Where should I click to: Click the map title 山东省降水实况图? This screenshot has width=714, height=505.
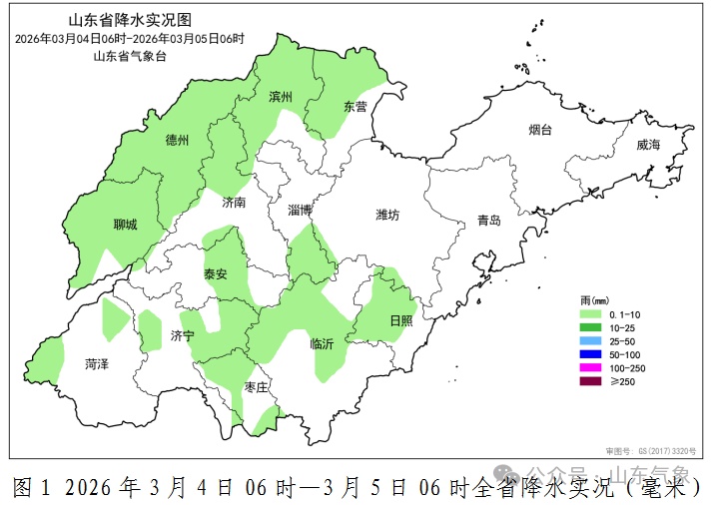[129, 20]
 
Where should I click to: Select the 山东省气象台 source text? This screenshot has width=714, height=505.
[129, 56]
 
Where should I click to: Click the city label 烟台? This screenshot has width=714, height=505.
[541, 130]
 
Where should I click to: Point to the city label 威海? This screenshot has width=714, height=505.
[648, 145]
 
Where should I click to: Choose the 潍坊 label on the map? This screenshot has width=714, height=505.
[387, 215]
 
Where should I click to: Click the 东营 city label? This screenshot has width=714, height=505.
[356, 106]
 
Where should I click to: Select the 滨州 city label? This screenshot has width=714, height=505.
[281, 98]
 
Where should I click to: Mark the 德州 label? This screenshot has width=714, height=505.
[177, 141]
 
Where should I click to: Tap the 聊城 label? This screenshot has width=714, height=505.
[126, 225]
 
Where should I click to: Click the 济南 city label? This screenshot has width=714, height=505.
[234, 202]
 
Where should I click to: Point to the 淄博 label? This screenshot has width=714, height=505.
[300, 210]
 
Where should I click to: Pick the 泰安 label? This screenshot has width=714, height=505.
[216, 273]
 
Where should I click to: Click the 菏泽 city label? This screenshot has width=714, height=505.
[97, 364]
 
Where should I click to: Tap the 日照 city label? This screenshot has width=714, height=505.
[400, 320]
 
